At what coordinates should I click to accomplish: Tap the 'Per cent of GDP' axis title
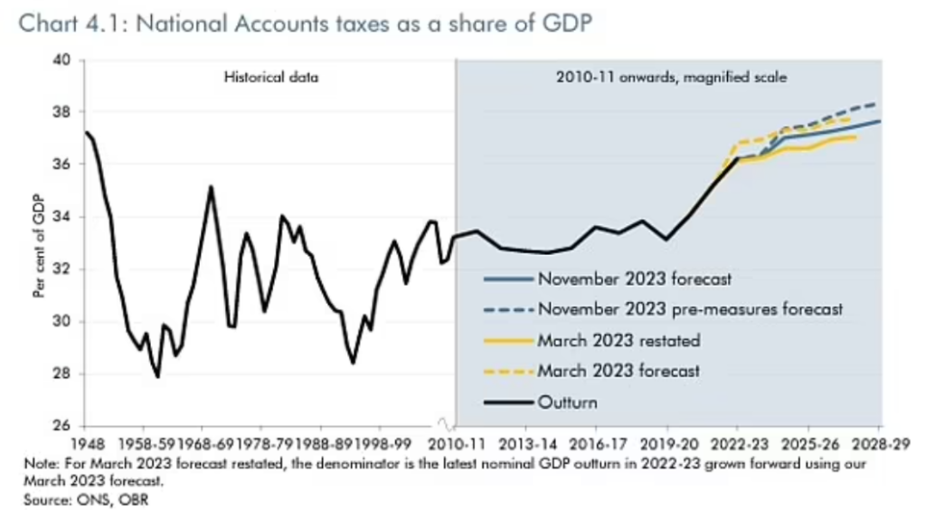[38, 243]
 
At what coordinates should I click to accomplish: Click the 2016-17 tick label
[596, 444]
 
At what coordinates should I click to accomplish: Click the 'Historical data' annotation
[271, 78]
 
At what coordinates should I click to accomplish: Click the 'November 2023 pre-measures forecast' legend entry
[691, 309]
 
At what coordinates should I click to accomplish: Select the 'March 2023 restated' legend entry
[619, 340]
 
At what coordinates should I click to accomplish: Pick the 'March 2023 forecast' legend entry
[619, 371]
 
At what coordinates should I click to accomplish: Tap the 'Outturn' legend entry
[568, 401]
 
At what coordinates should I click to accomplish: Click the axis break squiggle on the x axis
[444, 424]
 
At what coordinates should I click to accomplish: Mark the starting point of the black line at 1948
[85, 132]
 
